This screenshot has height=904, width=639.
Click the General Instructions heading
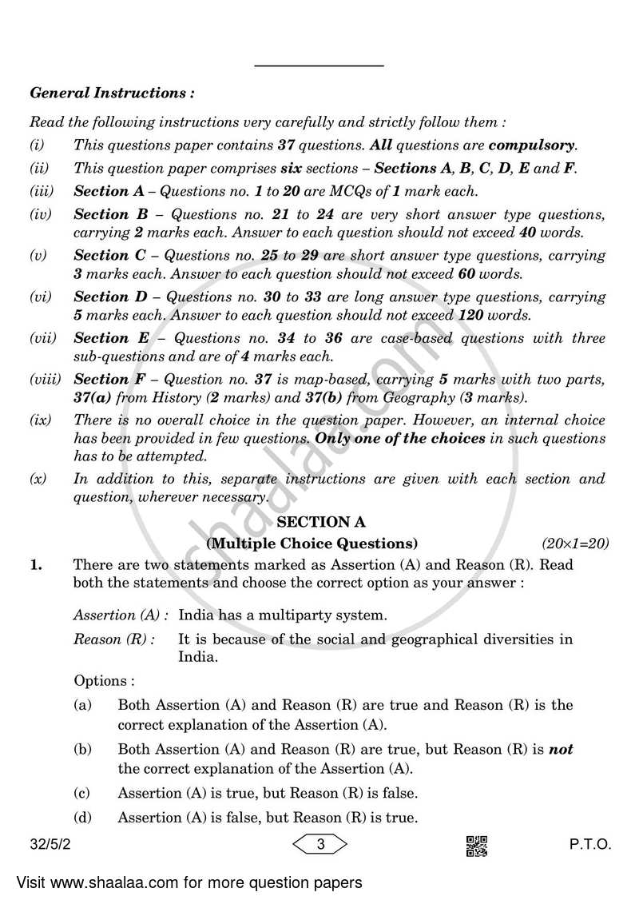tap(112, 93)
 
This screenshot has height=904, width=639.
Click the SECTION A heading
tap(320, 523)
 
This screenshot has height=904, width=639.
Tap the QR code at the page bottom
tap(476, 846)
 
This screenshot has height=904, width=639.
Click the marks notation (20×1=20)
tap(575, 544)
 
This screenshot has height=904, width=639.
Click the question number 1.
tap(35, 564)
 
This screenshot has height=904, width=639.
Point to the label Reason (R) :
tap(114, 639)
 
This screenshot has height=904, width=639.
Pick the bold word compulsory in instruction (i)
tap(531, 145)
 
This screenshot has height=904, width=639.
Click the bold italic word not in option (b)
tap(562, 749)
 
